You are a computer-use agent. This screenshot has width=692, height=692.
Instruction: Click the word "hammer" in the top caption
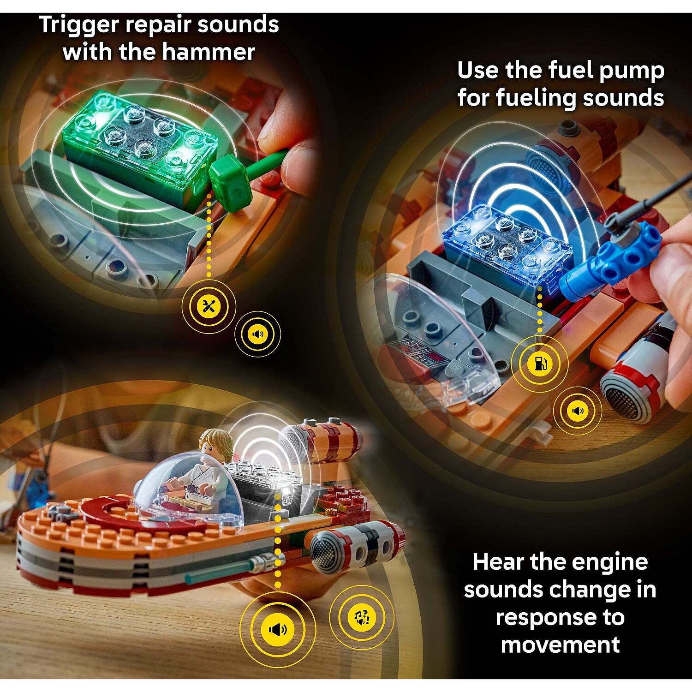coord(202,52)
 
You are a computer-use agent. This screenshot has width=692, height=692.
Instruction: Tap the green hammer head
coord(230,182)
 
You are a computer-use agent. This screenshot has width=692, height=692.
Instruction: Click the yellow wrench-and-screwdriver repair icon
coord(209,305)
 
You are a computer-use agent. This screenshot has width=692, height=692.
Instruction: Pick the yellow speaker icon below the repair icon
coord(258,334)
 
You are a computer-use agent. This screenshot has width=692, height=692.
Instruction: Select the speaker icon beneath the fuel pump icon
coord(578,411)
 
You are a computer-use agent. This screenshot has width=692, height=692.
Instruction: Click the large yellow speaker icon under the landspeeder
coord(277,629)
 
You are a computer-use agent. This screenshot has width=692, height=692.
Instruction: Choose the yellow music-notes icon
coord(362,617)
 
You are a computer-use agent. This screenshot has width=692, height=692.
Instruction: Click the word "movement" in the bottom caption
coord(560,644)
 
